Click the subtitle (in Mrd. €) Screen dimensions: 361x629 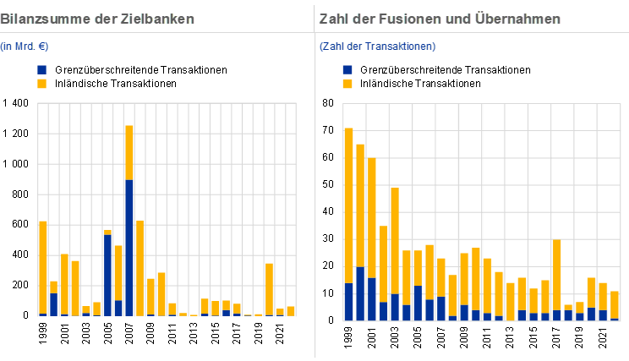24,46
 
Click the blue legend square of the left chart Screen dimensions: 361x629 42,69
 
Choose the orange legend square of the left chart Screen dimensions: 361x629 42,84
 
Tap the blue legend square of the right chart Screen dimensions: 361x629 347,69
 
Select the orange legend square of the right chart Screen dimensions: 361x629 347,84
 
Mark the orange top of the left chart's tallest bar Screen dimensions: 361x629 129,152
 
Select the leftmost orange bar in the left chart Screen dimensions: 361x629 43,266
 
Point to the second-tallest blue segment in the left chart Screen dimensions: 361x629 107,275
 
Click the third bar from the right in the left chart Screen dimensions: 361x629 270,288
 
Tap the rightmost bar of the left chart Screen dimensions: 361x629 291,310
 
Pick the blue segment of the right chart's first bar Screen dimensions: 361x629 348,302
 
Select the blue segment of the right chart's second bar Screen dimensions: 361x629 360,293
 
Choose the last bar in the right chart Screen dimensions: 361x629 615,304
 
